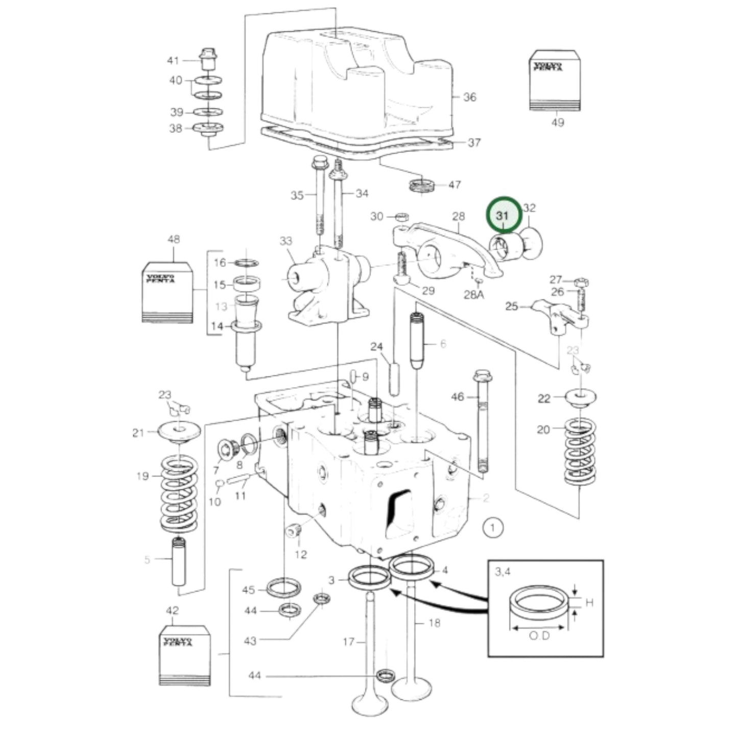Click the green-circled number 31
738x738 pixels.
tap(503, 216)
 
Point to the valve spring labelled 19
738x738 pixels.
tap(179, 493)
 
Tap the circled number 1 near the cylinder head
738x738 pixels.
tap(492, 528)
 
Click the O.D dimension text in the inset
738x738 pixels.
tap(539, 636)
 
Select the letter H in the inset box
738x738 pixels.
tap(589, 603)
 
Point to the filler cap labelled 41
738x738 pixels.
tap(207, 60)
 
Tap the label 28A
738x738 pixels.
tap(473, 295)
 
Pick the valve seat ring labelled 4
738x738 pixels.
tap(412, 567)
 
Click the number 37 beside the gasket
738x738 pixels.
tap(474, 142)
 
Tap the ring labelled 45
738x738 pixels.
tap(283, 587)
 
